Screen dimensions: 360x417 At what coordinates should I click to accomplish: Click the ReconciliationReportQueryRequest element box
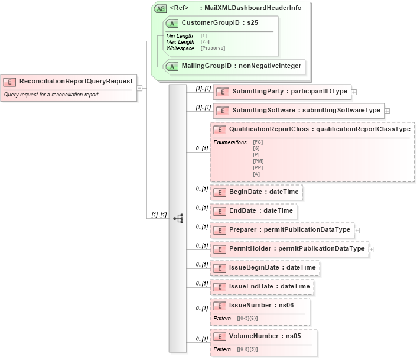tap(69, 82)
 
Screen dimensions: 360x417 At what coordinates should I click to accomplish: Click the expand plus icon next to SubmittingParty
tap(354, 92)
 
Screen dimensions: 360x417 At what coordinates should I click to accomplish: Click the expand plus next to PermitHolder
tap(371, 249)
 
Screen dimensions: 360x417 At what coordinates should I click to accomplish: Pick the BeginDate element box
tap(256, 192)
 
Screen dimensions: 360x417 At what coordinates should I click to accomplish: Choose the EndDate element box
tap(253, 210)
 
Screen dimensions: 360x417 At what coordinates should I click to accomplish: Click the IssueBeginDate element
tap(265, 267)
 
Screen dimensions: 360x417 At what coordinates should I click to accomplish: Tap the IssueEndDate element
tap(261, 286)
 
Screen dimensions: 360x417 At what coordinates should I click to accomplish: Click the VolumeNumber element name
tap(255, 336)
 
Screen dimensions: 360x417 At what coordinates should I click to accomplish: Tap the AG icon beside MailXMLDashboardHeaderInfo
tap(159, 8)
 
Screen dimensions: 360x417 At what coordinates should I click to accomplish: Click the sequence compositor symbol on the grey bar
tap(178, 218)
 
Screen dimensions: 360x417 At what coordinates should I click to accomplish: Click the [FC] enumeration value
tap(258, 142)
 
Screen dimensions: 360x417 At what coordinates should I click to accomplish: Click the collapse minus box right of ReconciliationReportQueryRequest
tap(139, 87)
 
